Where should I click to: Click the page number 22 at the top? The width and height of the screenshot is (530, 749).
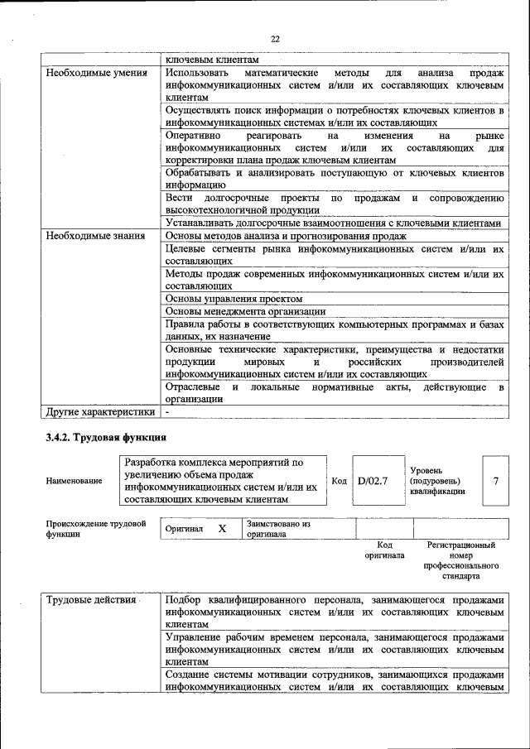coord(275,38)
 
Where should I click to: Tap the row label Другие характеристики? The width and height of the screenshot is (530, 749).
coord(100,411)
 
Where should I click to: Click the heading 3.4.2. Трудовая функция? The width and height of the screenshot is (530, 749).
coord(107,437)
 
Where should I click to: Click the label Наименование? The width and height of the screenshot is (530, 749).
coord(75,481)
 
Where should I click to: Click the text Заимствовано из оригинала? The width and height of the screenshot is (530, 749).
coord(277,529)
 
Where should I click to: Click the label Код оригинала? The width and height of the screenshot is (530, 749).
coord(384,550)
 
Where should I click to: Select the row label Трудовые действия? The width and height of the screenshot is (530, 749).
coord(91,600)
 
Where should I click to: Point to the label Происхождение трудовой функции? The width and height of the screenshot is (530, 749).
coord(96,529)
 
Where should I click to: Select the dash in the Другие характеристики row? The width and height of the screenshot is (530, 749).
coord(167,411)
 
